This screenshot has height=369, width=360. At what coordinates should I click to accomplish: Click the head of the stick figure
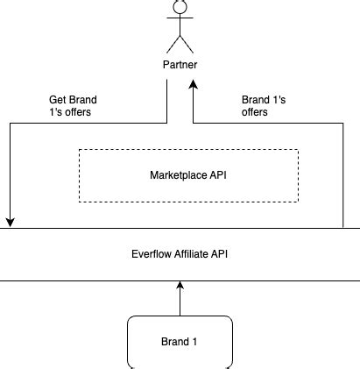(180, 7)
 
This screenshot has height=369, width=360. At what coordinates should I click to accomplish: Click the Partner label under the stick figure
(180, 66)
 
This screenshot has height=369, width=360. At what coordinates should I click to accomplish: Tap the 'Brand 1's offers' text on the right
(261, 106)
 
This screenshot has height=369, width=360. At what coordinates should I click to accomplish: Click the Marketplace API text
(188, 174)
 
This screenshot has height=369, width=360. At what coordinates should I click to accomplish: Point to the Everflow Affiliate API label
(180, 255)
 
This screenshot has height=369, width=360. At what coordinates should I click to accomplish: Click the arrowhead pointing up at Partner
(194, 86)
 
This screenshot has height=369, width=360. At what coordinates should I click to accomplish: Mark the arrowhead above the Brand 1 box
(180, 286)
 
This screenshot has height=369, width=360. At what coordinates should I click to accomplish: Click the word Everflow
(150, 255)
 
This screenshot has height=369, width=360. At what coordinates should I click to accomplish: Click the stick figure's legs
(180, 45)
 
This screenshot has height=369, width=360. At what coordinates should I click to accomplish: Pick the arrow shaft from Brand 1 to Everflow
(180, 302)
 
